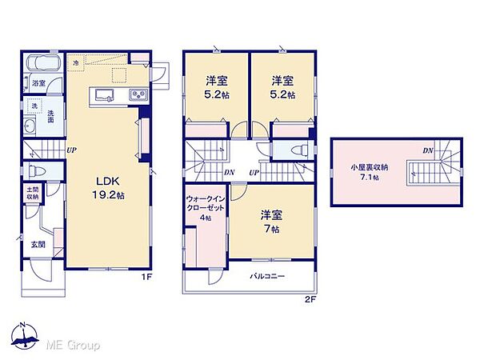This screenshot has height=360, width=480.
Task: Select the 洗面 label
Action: point(50,115)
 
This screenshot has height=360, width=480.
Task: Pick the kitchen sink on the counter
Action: point(104,96)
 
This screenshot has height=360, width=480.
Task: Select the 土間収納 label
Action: point(32,193)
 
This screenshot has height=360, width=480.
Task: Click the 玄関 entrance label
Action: point(38,245)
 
